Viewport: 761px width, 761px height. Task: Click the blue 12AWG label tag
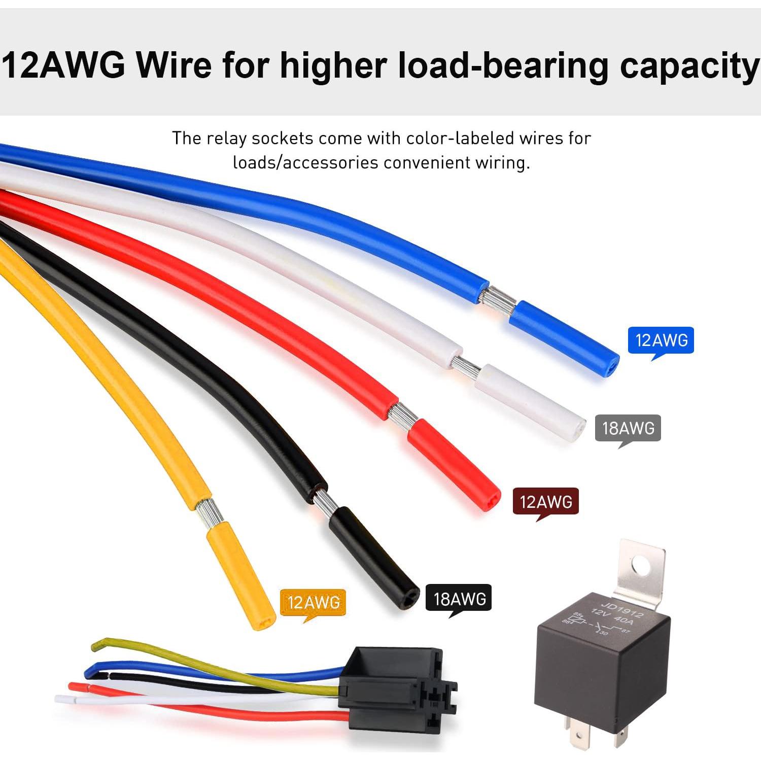click(661, 340)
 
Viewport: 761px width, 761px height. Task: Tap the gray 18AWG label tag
click(628, 428)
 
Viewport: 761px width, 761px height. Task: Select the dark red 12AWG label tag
click(546, 502)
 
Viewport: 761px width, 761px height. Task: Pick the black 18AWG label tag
click(459, 599)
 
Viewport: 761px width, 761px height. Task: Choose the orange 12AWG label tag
click(313, 602)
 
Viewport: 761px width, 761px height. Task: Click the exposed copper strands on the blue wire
click(498, 300)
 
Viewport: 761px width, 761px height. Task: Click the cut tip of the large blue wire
click(612, 364)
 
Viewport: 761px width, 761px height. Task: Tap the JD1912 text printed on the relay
click(621, 609)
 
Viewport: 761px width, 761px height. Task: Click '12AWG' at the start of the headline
click(63, 65)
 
